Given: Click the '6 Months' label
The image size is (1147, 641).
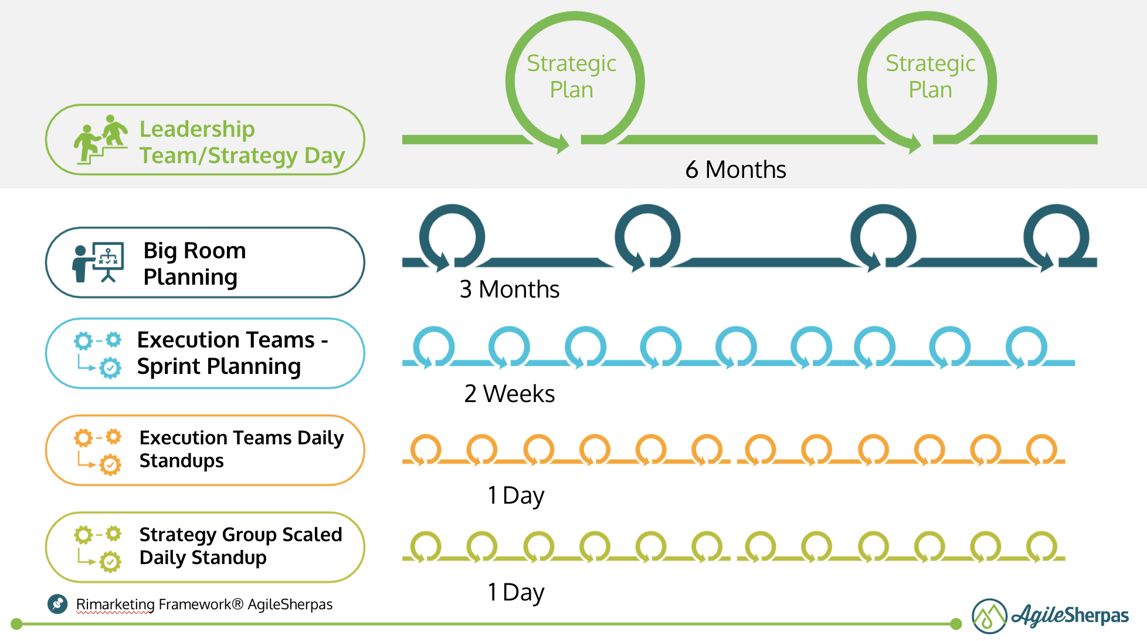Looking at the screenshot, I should tap(735, 170).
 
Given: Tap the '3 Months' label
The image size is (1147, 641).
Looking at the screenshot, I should tap(509, 289).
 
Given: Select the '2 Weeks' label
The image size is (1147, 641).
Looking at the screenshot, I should tap(509, 394).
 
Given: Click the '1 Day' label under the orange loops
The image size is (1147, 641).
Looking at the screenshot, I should tap(515, 496).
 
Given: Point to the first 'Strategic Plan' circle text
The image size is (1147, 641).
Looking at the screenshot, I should tap(571, 76).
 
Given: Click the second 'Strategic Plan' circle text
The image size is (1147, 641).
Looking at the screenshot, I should tap(930, 76).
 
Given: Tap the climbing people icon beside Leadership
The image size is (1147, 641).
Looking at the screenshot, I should tap(100, 140).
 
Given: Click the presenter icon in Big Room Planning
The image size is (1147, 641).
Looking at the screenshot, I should tap(98, 262).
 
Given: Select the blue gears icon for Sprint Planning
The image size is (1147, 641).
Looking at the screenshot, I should tap(98, 353).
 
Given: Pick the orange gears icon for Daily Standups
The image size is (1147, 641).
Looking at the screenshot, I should tap(98, 450).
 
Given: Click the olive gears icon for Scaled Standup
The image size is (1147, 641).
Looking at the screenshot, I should tap(98, 547).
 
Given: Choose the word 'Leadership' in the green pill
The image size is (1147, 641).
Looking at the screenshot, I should tap(197, 129).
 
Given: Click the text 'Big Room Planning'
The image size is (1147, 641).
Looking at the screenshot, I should tap(194, 264).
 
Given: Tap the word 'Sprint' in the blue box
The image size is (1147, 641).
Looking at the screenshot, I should tap(169, 367).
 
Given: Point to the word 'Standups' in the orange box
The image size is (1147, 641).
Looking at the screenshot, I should tap(182, 461).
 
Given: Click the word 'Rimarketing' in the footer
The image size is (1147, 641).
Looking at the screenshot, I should tap(115, 605).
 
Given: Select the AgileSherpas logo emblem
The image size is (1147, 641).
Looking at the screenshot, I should tap(989, 616).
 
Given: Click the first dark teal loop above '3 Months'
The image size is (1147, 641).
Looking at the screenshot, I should tap(452, 237).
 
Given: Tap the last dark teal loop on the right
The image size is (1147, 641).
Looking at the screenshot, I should tap(1056, 237).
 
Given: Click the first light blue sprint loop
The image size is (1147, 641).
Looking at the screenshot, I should tap(433, 347).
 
